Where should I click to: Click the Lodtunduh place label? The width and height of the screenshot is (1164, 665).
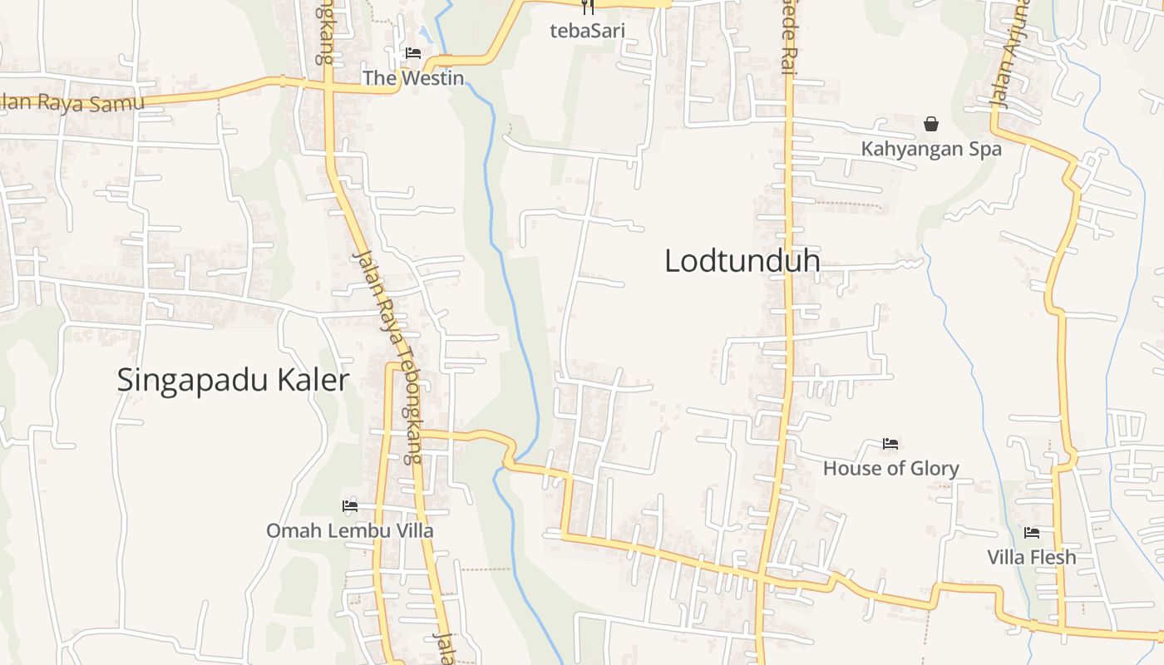coord(742,261)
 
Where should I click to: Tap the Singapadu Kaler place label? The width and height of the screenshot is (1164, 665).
coord(232,381)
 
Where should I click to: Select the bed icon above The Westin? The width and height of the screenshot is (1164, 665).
coord(412,53)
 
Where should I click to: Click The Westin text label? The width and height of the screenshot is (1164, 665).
coord(412,78)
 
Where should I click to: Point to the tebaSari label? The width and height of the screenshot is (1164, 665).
coord(587,32)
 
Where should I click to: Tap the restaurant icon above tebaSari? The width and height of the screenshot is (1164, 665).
coord(588,7)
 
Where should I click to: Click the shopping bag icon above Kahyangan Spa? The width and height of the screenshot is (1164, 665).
coord(931,124)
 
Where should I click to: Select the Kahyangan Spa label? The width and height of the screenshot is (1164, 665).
coord(931,150)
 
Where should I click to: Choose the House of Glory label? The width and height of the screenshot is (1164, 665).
coord(890,469)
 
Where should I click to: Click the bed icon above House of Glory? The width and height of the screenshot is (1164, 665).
coord(890,444)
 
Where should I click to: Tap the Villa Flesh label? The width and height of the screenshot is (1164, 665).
coord(1031,557)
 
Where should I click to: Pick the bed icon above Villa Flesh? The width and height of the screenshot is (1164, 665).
coord(1032,532)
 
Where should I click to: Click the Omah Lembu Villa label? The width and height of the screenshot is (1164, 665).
coord(349,530)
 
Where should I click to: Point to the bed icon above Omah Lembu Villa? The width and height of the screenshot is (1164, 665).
coord(350,505)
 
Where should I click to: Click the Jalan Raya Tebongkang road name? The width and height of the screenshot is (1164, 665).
coord(388,357)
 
